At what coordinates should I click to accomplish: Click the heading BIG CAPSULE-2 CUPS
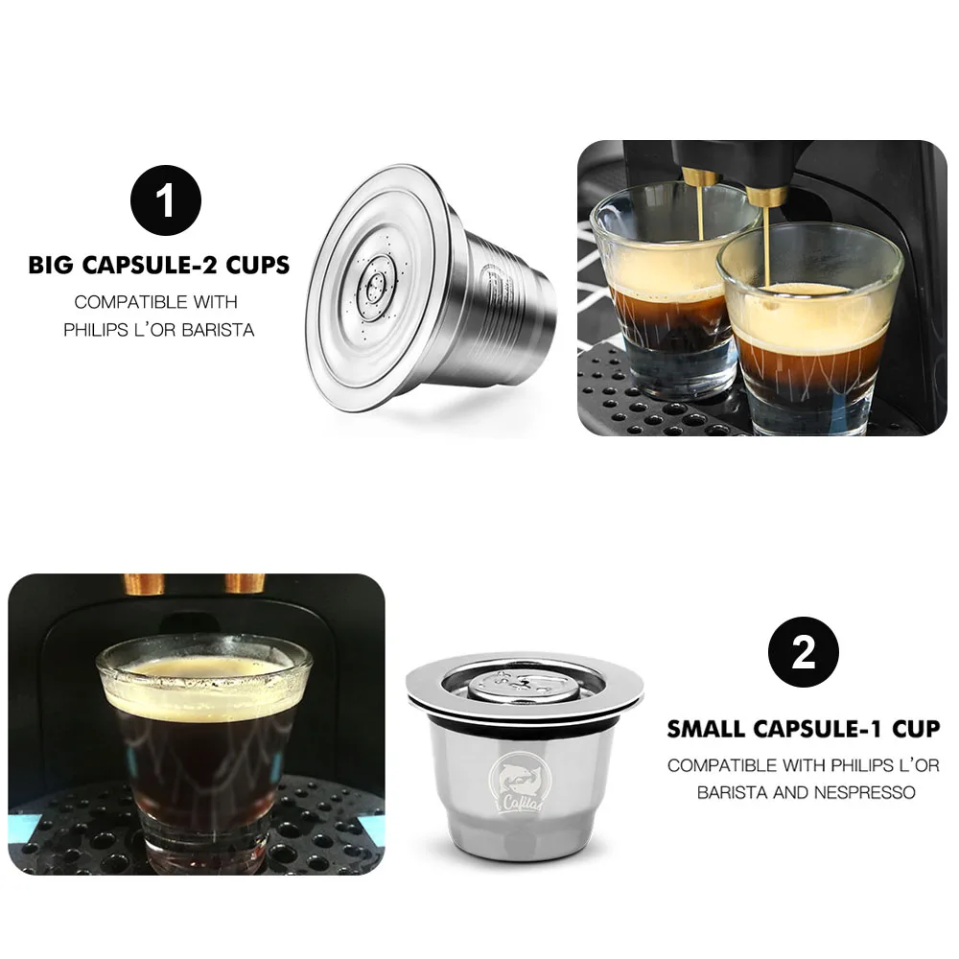pyautogui.click(x=159, y=266)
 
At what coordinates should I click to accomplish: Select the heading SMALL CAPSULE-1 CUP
pyautogui.click(x=804, y=729)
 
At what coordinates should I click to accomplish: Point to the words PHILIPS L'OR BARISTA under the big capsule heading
pyautogui.click(x=159, y=330)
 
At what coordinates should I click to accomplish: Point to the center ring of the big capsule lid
pyautogui.click(x=377, y=284)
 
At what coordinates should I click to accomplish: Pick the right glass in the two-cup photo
pyautogui.click(x=810, y=331)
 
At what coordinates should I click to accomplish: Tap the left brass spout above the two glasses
pyautogui.click(x=700, y=178)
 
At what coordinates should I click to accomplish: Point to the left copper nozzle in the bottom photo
pyautogui.click(x=145, y=583)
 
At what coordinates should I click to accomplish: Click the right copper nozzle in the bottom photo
pyautogui.click(x=245, y=583)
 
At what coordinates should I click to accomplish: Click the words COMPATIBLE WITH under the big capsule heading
pyautogui.click(x=155, y=301)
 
